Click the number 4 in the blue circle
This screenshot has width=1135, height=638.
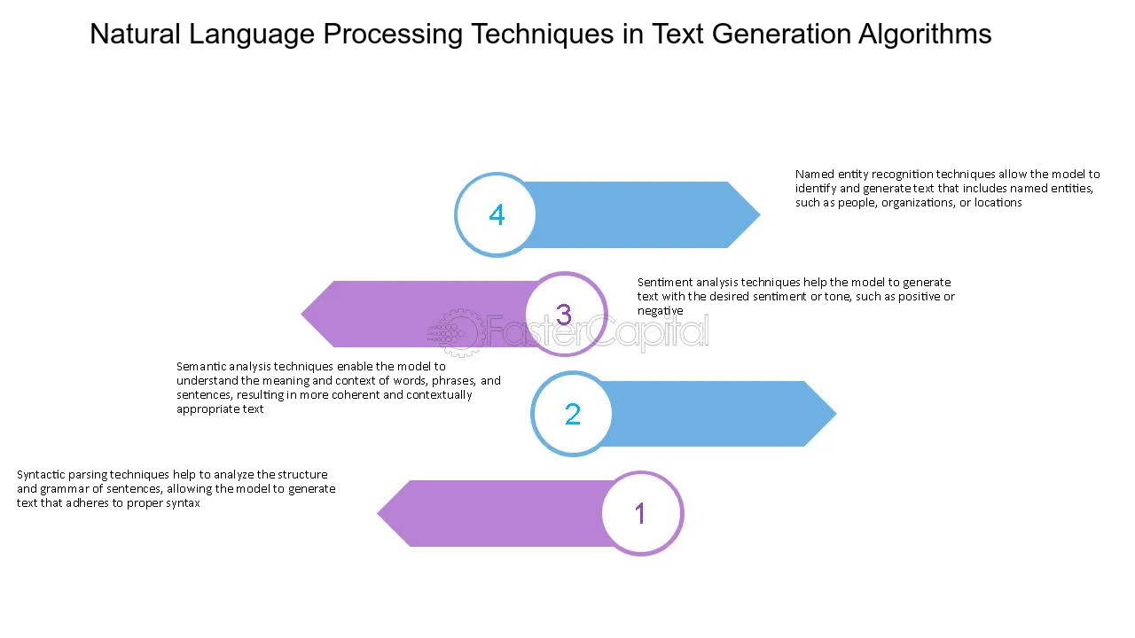pos(497,214)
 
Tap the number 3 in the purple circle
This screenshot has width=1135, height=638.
pos(564,315)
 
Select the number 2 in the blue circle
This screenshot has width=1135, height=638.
pos(573,414)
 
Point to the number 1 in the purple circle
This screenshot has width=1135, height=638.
pos(640,513)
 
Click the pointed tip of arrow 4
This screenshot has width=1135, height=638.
pos(760,214)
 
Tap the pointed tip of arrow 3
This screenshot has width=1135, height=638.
pos(301,314)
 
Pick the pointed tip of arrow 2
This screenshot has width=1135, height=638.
pos(836,414)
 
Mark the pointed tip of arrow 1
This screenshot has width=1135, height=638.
pos(378,513)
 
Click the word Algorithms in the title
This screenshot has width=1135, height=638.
pos(925,35)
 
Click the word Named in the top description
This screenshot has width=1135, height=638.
pos(815,175)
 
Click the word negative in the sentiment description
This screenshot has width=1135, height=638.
pos(661,311)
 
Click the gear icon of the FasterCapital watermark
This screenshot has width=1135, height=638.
pos(455,332)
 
